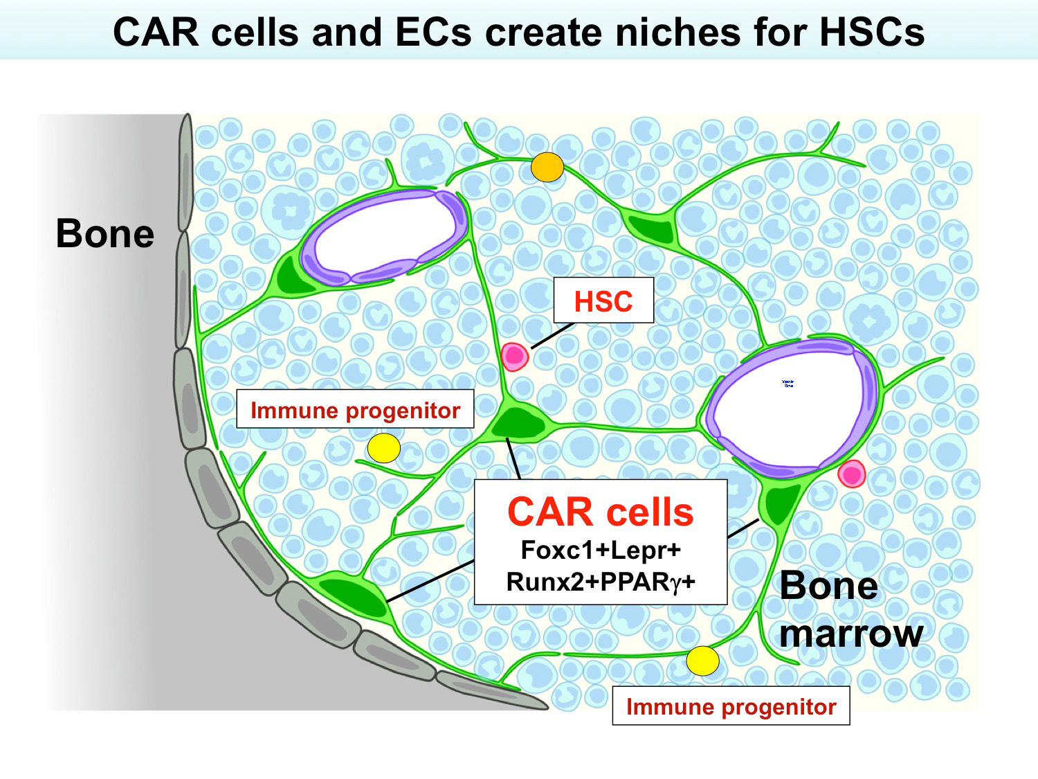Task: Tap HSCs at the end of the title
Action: (x=872, y=33)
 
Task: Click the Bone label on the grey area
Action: (x=104, y=234)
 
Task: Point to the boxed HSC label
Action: (x=603, y=301)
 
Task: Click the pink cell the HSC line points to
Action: (x=514, y=357)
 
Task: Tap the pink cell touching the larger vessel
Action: (x=851, y=474)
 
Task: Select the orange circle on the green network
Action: (x=547, y=167)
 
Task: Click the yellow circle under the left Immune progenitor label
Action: (x=383, y=448)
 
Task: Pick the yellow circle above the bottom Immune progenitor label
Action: (x=702, y=661)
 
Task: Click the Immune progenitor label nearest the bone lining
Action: (x=355, y=410)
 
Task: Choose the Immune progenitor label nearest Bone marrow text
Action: (x=731, y=706)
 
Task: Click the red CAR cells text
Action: (x=600, y=512)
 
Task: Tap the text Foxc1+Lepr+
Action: (x=600, y=550)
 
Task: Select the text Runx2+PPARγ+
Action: (x=600, y=582)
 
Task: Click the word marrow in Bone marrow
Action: (x=850, y=634)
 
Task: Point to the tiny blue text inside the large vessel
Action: (x=787, y=383)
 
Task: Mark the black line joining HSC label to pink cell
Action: (x=553, y=335)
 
